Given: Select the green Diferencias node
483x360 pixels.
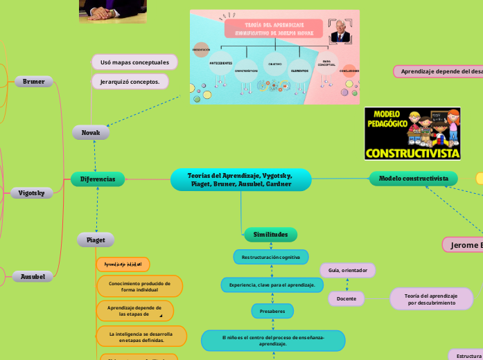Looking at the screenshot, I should coord(98,179).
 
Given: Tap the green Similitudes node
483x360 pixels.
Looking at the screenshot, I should coord(270,235).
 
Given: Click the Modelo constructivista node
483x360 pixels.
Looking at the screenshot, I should coord(413,179).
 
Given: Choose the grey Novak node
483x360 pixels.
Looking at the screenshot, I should coord(91,132).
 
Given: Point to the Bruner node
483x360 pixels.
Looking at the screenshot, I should coord(33,82).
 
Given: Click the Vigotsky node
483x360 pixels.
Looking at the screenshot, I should coord(31,193).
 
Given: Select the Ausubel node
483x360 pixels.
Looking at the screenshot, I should coord(33,277).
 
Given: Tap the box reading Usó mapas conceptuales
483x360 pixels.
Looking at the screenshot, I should coord(134,62).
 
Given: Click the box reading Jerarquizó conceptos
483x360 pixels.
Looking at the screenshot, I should coord(130,82).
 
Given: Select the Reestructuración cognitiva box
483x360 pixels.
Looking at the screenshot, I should coord(270,257).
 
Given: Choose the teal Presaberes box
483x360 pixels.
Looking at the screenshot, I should coord(272,312).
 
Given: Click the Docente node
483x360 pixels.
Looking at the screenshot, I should coord(346,298).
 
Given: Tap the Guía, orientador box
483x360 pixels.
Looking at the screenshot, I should coord(347,270).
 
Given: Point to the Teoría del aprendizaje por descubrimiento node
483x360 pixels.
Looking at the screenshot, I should coord(432,299).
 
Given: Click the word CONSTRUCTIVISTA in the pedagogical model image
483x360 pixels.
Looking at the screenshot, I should coord(412,152).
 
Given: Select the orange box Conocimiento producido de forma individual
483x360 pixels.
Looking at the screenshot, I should coord(141,286).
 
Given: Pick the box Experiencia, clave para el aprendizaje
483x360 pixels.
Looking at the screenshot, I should coord(272,285).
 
